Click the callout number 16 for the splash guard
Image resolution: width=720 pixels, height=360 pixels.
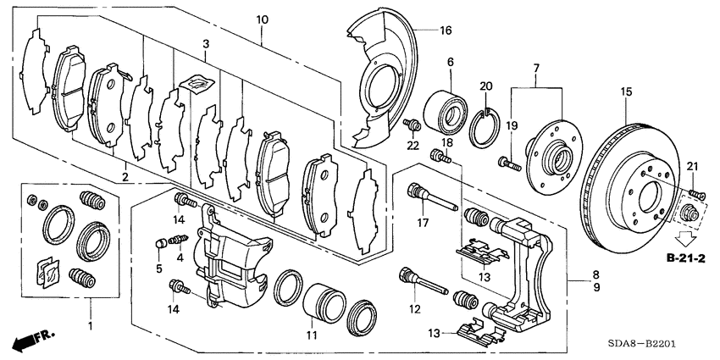(446, 31)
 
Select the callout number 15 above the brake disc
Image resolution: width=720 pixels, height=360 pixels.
(626, 91)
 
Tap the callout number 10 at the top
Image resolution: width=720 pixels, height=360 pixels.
(262, 19)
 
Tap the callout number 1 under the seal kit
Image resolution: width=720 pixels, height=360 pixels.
(90, 324)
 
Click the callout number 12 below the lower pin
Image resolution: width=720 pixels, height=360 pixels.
(413, 310)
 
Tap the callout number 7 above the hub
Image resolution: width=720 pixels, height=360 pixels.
(535, 68)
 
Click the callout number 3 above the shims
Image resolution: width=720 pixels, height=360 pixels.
(205, 44)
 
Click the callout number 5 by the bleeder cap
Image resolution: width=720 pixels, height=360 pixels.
(158, 269)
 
